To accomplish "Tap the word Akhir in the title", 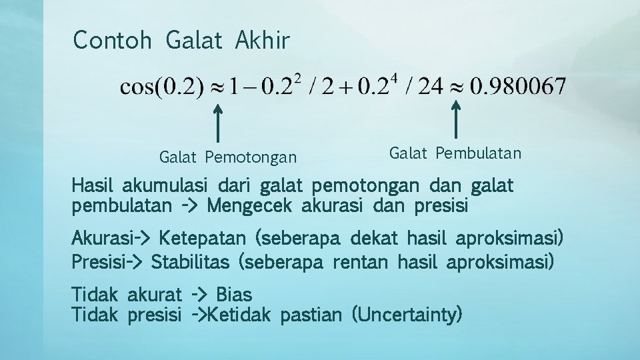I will pos(262,40).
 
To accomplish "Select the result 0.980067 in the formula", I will pos(518,86).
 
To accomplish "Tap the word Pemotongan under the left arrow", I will pos(251,157).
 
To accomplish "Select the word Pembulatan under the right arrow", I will pos(479,153).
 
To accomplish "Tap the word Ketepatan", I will pos(203,237).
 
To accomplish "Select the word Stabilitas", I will pos(191,261).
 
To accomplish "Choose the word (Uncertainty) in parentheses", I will pos(407,313).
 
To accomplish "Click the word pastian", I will pos(312,313).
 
